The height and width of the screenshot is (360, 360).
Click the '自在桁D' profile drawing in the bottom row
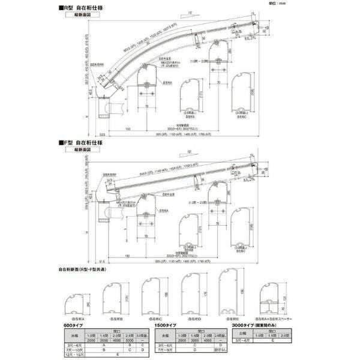(191, 294)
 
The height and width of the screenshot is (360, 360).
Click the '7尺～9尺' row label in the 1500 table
(173, 350)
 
